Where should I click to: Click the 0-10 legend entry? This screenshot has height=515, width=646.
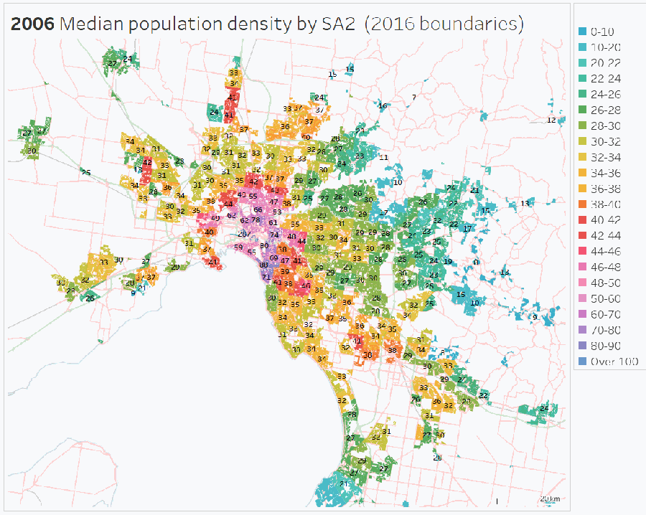click(601, 32)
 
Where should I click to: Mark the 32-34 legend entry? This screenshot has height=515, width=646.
click(606, 157)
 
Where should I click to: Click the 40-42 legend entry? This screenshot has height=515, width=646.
click(606, 220)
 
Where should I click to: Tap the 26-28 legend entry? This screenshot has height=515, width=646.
click(606, 110)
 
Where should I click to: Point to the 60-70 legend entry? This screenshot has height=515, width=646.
click(606, 314)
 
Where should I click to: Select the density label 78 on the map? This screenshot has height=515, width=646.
click(256, 219)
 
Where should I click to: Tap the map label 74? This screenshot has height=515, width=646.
click(273, 235)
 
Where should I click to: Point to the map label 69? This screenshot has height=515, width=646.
click(273, 257)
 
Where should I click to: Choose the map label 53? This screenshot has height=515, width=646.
click(277, 212)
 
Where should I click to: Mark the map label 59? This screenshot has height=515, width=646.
click(238, 247)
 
